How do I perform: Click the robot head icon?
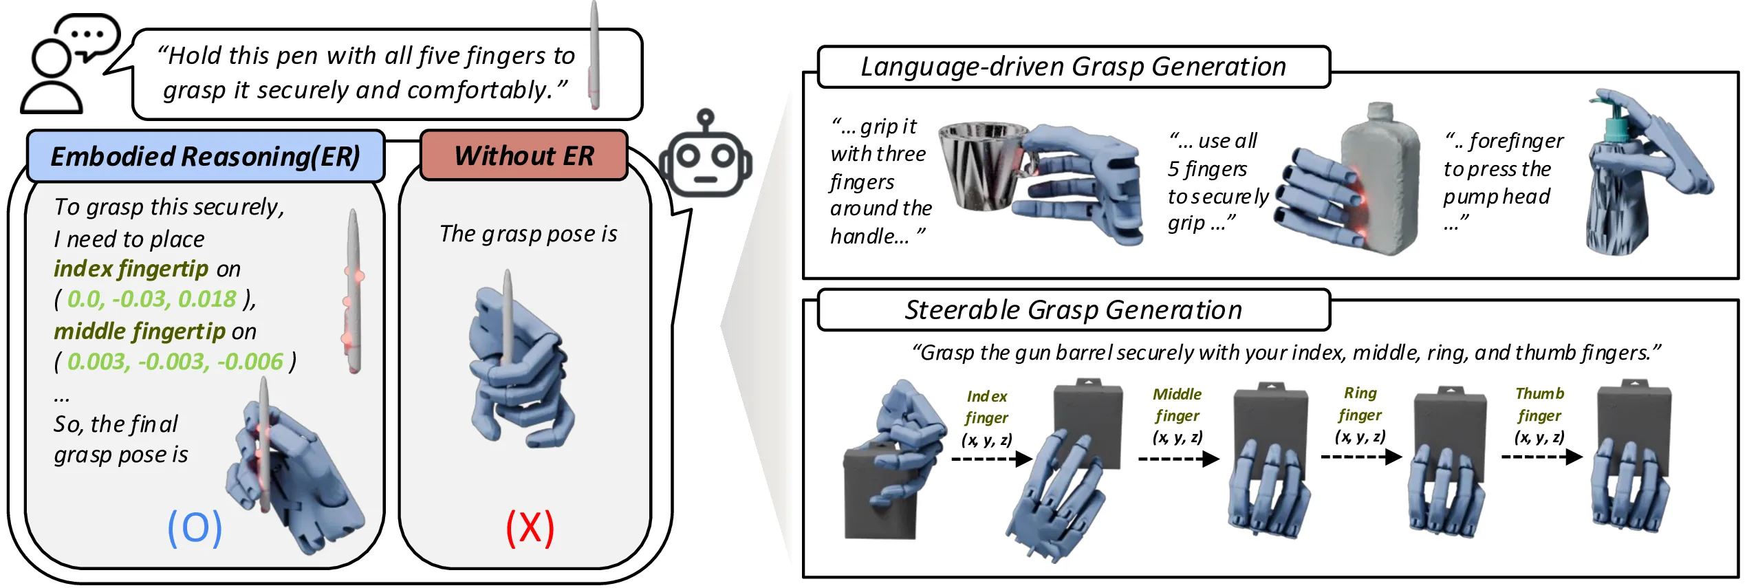click(706, 157)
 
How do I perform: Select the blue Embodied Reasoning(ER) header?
click(205, 156)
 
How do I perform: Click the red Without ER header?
click(523, 155)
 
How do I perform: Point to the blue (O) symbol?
click(195, 527)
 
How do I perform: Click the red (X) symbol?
click(530, 527)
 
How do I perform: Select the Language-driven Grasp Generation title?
click(1073, 67)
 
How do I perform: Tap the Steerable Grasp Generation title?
click(1073, 310)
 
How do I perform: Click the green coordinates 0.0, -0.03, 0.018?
click(152, 299)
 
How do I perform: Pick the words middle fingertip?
click(140, 331)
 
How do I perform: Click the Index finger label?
click(986, 407)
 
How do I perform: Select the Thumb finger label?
click(1539, 404)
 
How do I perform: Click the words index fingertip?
click(131, 269)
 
